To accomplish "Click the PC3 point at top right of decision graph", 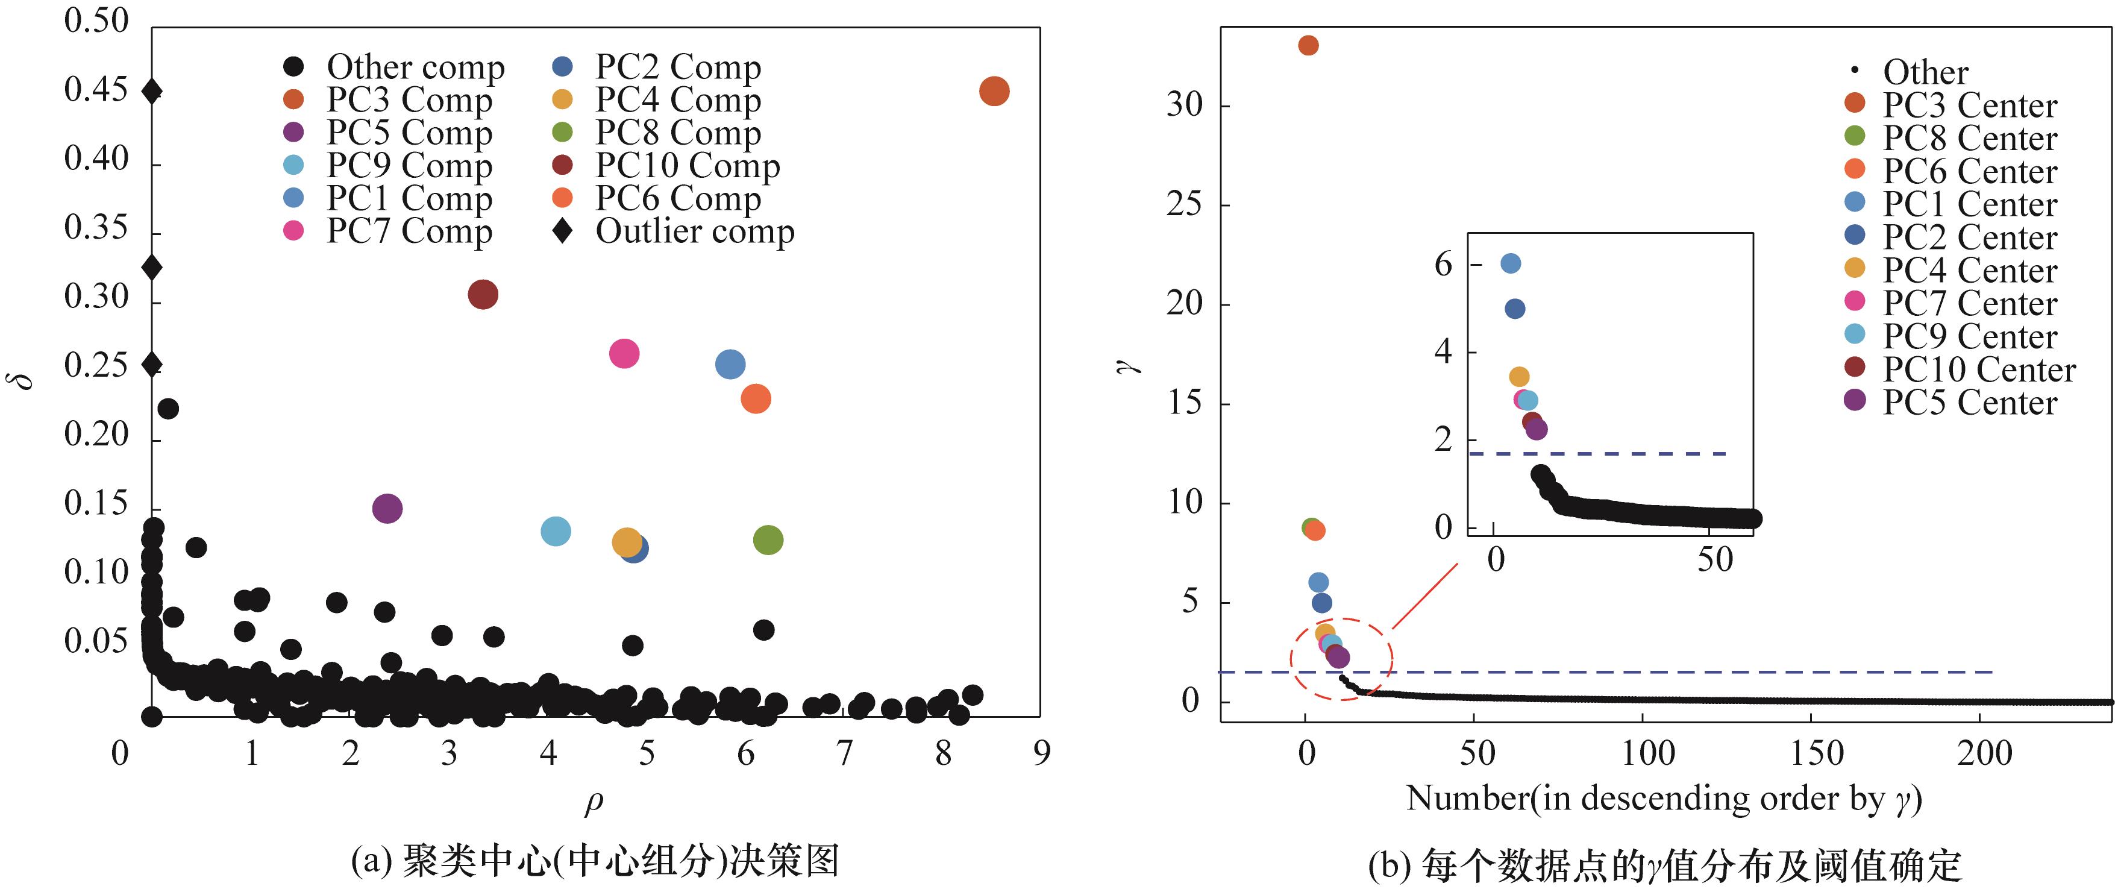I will (x=994, y=91).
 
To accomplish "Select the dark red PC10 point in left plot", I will (x=483, y=294).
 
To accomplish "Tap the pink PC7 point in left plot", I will (x=624, y=354).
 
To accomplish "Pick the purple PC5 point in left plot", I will (x=387, y=508).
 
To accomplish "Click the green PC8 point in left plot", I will (x=768, y=539).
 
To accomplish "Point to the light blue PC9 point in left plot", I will (x=556, y=531).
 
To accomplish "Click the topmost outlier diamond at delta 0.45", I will (x=152, y=91).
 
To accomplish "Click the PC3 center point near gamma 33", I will (x=1309, y=45).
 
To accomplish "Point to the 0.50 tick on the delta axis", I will (x=97, y=20).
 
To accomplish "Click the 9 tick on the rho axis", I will (x=1041, y=753).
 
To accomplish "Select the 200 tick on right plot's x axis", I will (x=1984, y=753).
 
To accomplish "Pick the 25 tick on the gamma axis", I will (x=1184, y=204).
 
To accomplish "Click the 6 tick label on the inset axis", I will (x=1443, y=265).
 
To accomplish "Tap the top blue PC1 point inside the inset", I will (x=1511, y=263).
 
